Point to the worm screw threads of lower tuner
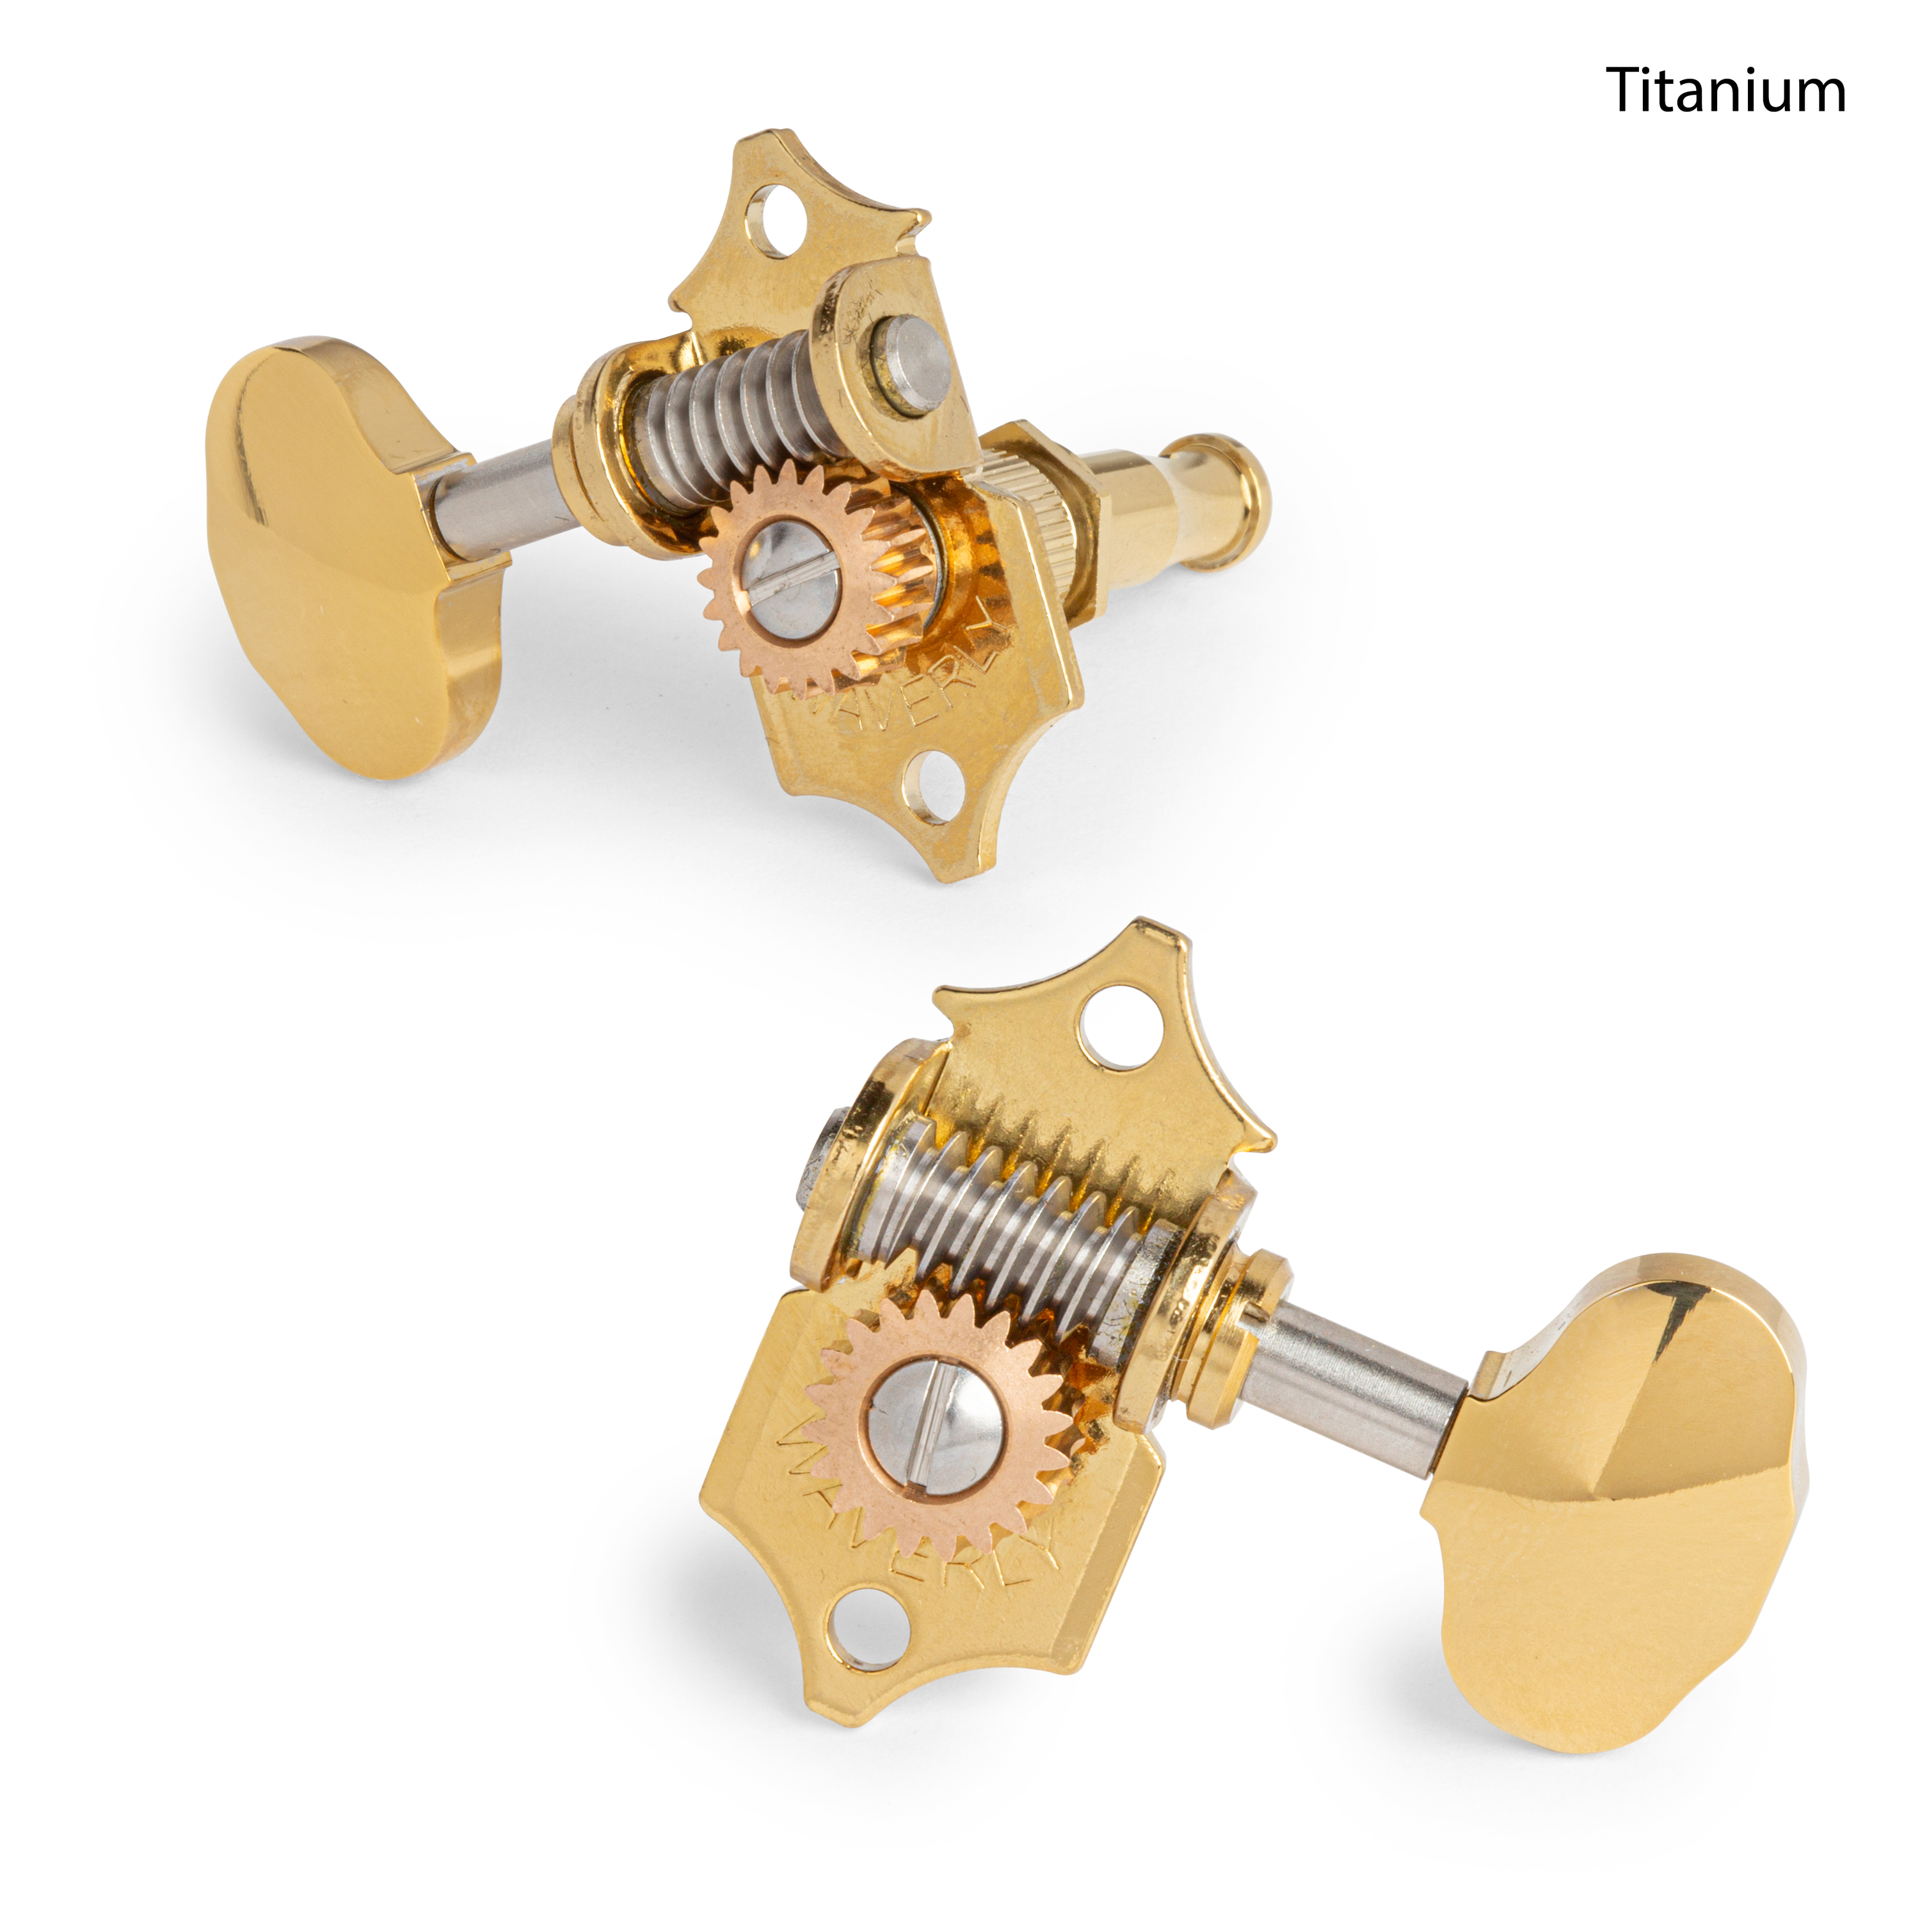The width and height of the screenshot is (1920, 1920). click(1004, 1232)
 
